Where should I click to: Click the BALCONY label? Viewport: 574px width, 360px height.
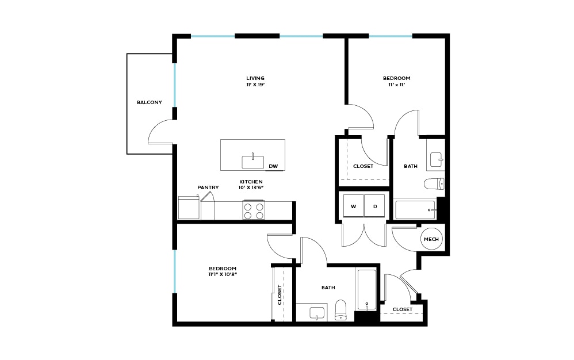(149, 103)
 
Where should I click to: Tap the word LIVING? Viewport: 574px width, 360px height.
(255, 78)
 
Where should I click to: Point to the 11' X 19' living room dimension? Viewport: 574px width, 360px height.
(255, 85)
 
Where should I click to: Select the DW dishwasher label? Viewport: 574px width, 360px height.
(273, 167)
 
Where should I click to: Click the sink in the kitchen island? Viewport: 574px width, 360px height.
(252, 162)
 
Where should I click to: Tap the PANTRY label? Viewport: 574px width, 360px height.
(208, 187)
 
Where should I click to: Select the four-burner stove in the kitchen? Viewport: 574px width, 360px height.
(253, 210)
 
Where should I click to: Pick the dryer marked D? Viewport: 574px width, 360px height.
(374, 206)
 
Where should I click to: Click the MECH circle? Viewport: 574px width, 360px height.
(431, 239)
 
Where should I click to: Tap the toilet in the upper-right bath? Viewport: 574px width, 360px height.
(434, 184)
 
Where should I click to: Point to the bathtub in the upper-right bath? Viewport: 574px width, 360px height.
(415, 209)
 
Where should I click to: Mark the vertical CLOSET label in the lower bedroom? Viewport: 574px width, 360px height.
(280, 294)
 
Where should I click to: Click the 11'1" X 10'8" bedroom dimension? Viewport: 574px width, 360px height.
(223, 275)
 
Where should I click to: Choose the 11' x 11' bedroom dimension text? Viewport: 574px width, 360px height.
(397, 85)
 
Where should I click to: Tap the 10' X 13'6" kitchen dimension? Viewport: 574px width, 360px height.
(251, 187)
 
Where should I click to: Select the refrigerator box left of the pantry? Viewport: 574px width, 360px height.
(188, 208)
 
